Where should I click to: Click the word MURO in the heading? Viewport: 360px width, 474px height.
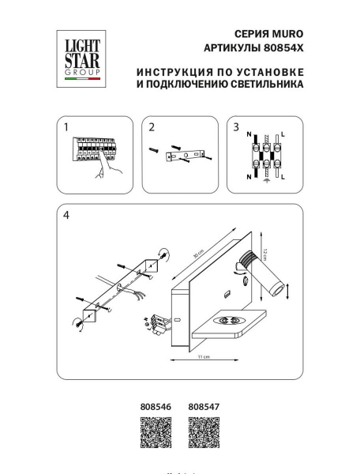[x=288, y=34]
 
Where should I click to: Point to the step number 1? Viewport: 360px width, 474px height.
[x=67, y=127]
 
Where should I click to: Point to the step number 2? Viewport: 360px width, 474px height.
[x=152, y=127]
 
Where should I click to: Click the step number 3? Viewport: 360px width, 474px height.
[x=234, y=127]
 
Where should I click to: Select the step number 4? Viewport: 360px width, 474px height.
[x=67, y=215]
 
